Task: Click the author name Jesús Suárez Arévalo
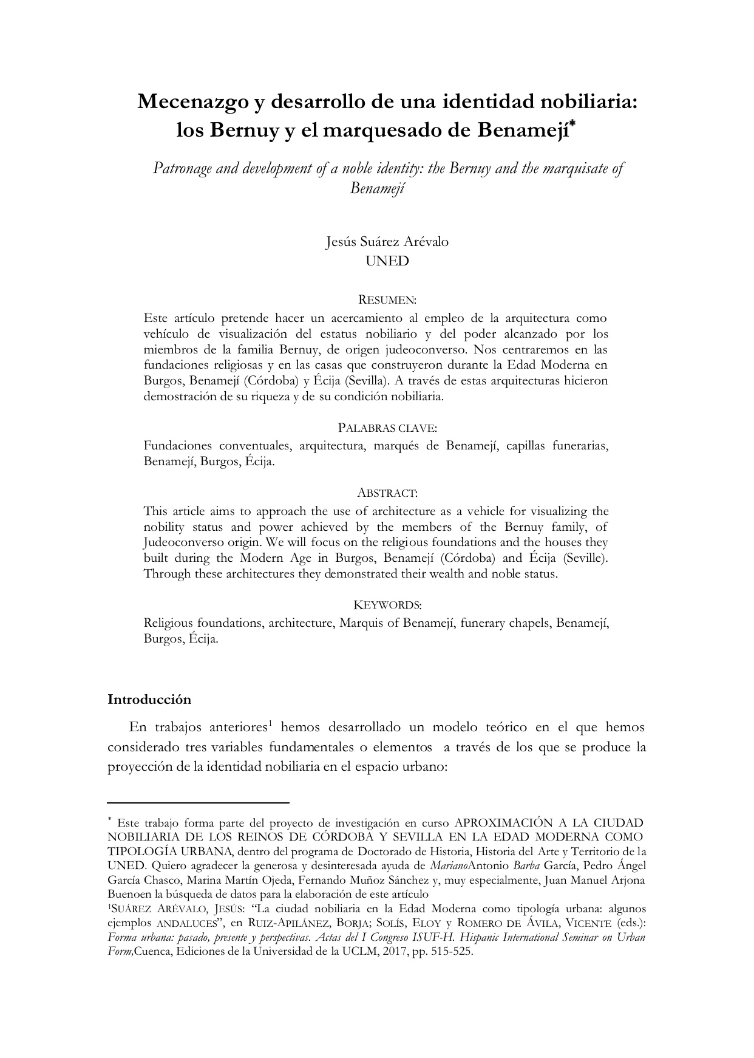pos(387,241)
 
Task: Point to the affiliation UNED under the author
pos(387,261)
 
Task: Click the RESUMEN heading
pos(387,299)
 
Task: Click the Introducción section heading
pos(149,700)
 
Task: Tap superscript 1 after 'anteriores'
pos(269,723)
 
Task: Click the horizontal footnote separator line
pos(198,802)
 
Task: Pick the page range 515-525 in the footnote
pos(451,952)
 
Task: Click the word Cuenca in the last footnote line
pos(152,952)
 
